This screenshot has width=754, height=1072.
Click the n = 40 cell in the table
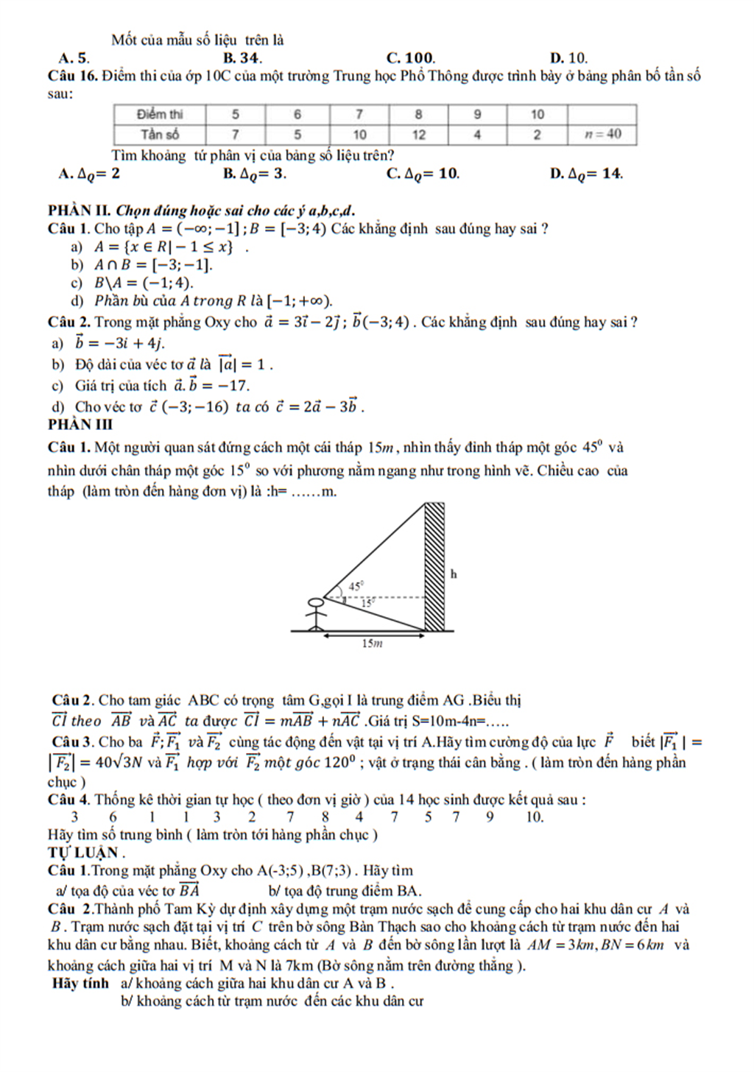click(602, 134)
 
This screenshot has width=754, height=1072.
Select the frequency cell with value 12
click(418, 134)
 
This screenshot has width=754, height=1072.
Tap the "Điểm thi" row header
click(160, 114)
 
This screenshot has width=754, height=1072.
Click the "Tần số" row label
click(160, 134)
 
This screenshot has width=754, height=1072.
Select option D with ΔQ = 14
click(586, 174)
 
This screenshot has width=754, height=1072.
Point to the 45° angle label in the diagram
click(356, 586)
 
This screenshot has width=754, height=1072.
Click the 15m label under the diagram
click(373, 643)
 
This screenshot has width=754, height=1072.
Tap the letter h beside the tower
click(454, 574)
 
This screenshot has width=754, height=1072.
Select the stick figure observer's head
click(316, 602)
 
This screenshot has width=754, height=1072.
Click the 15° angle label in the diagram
click(368, 602)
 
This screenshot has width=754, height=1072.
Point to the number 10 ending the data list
click(535, 817)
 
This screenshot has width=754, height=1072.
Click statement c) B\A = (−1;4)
click(136, 283)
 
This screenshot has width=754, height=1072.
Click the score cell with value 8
click(418, 114)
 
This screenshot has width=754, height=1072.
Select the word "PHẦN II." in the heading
click(80, 211)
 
